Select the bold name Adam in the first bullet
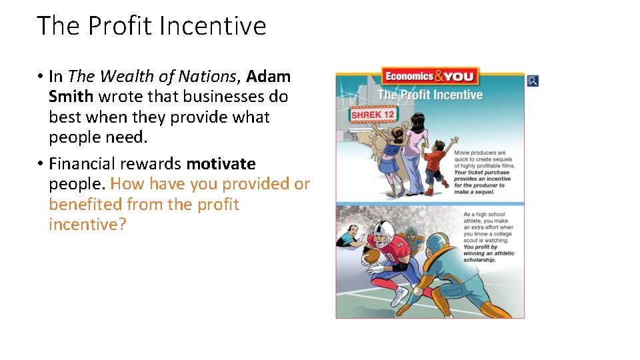pos(269,77)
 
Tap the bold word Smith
pos(71,97)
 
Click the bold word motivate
pos(221,163)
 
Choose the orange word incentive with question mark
pos(87,225)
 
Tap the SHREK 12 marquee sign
pos(373,114)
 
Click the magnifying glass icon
pos(532,81)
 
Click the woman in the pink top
pos(415,150)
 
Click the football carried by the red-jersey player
pos(371,257)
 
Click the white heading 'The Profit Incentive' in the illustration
pos(430,95)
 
